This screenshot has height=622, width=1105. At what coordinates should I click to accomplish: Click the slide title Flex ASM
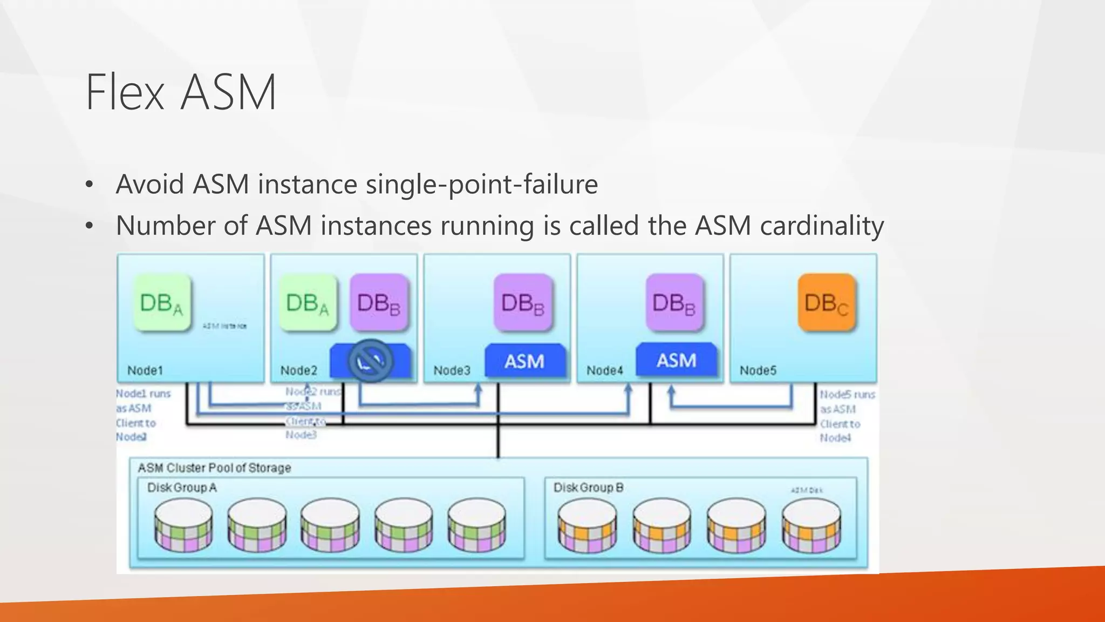181,92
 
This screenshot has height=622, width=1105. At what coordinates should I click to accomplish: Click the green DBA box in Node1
162,303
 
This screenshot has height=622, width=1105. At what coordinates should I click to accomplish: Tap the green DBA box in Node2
308,303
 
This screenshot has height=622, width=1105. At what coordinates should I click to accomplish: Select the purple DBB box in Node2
379,303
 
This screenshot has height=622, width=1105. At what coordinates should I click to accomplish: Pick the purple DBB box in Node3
523,303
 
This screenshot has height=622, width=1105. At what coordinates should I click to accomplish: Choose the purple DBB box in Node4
674,303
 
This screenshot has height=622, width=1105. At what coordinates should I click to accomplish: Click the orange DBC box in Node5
827,303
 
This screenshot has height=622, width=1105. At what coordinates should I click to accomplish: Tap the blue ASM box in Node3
524,361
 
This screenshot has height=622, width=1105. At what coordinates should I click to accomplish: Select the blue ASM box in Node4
677,360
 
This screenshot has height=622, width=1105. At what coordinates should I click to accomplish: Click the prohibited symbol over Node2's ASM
371,361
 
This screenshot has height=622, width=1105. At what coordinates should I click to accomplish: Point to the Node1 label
145,370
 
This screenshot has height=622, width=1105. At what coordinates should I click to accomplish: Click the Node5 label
758,370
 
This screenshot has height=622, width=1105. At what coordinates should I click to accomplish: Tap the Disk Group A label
182,488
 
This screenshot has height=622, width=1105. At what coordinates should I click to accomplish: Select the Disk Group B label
588,488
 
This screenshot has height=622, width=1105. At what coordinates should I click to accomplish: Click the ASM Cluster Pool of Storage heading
214,468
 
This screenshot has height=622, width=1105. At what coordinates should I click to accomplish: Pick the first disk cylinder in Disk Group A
183,525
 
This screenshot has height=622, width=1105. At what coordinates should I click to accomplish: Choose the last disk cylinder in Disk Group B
811,525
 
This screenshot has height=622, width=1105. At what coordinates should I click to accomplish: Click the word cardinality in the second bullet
822,226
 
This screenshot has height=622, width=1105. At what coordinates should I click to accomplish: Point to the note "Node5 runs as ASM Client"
846,416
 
